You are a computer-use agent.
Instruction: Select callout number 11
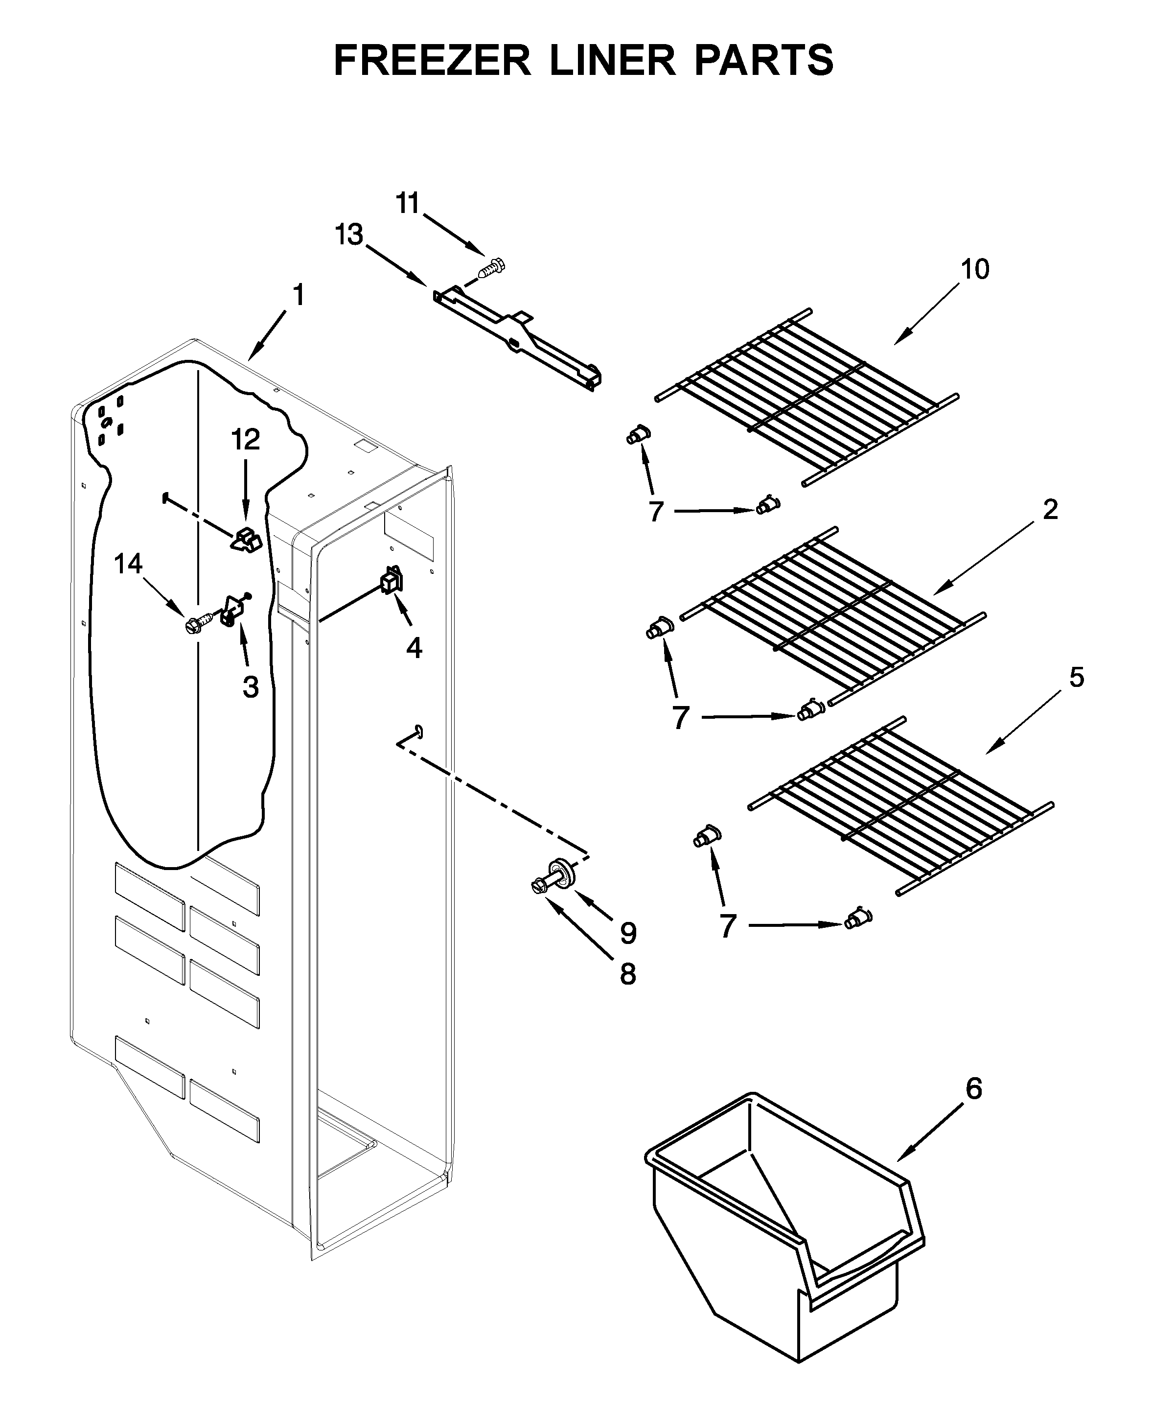(x=408, y=203)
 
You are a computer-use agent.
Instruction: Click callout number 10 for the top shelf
(x=975, y=269)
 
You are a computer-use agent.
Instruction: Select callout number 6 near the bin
(x=973, y=1089)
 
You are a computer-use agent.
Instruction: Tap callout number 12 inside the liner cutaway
(x=246, y=440)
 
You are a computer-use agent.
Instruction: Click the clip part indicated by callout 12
(x=246, y=540)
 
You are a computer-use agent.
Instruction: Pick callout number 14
(x=128, y=564)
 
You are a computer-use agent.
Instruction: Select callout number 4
(x=414, y=647)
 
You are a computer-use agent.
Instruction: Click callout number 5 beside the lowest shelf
(x=1076, y=678)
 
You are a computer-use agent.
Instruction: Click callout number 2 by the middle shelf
(x=1050, y=509)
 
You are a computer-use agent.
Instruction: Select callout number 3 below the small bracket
(x=250, y=687)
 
